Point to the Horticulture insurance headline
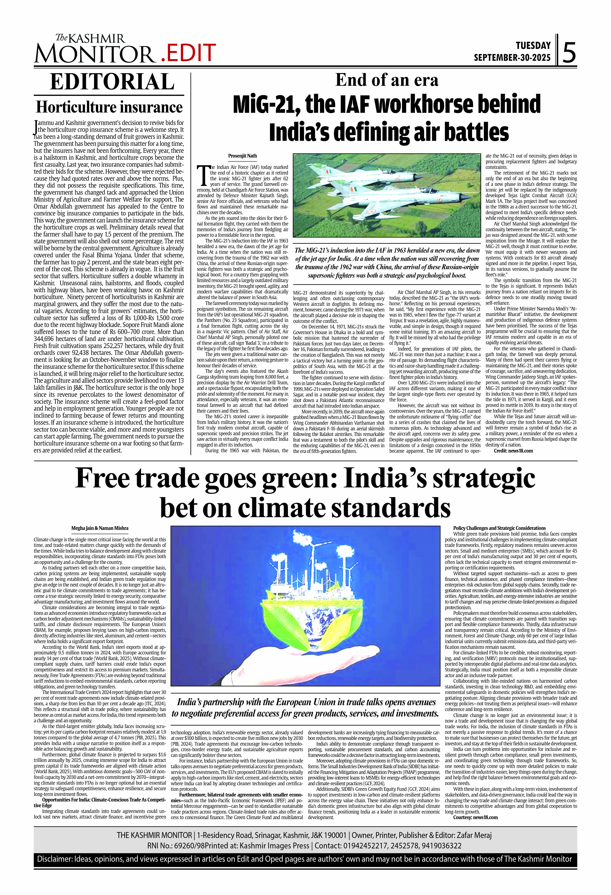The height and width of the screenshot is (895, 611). coord(109,107)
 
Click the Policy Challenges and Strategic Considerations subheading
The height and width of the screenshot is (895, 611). coord(499,528)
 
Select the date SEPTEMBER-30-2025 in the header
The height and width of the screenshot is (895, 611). coord(512,58)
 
